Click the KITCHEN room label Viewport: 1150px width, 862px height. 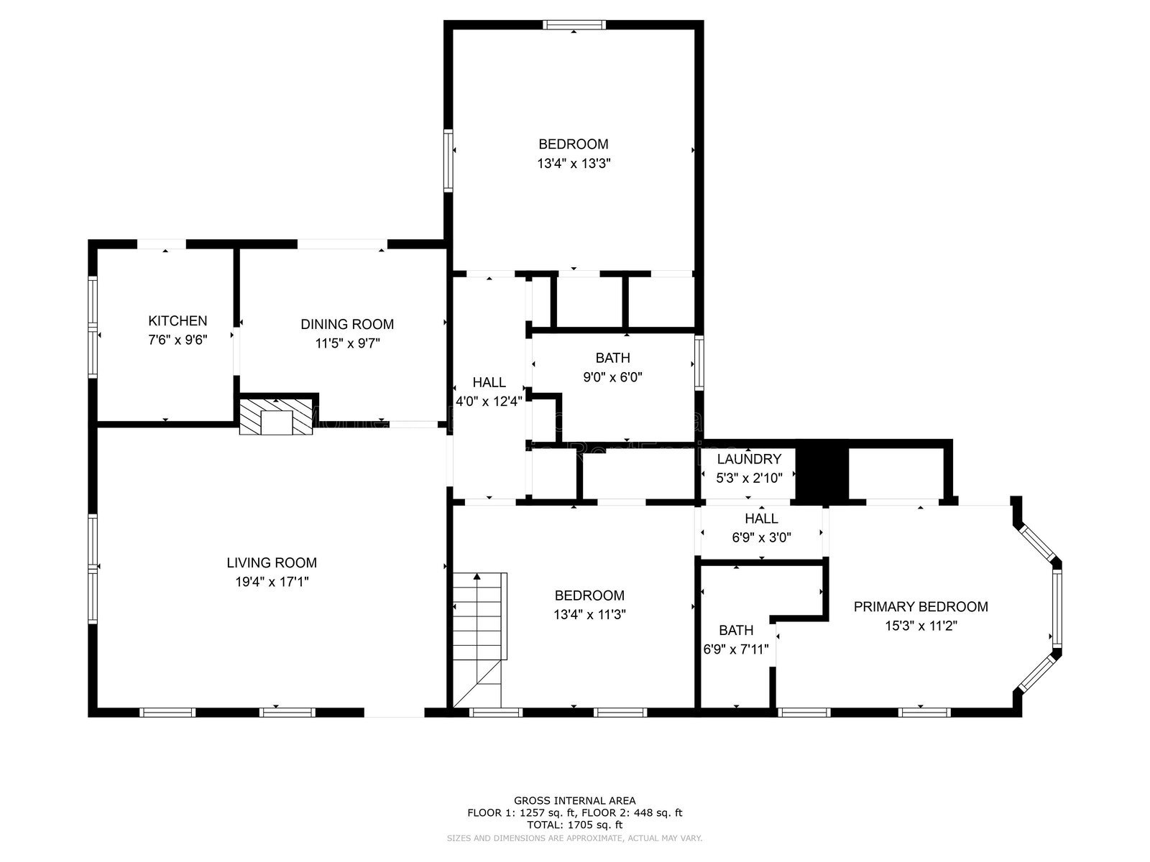[178, 321]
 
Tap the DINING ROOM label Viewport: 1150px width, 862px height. [347, 325]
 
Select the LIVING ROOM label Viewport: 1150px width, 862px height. [272, 563]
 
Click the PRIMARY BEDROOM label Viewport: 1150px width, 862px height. [921, 607]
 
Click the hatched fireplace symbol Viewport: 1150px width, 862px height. [277, 417]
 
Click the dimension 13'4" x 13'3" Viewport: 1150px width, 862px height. [574, 163]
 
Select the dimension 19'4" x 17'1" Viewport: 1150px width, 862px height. [272, 582]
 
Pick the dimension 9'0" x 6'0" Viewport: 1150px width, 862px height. [612, 376]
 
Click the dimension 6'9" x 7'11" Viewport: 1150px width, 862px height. [736, 649]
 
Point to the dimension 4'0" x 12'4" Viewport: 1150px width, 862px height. [489, 402]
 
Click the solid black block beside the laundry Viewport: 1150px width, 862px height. [823, 471]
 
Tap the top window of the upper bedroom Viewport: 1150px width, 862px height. [574, 25]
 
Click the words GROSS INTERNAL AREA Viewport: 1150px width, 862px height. [574, 800]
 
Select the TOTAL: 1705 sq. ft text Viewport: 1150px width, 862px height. [574, 825]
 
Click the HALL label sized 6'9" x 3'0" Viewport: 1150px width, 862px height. [761, 519]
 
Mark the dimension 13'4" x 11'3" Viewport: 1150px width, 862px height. [589, 614]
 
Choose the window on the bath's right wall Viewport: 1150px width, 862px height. [699, 364]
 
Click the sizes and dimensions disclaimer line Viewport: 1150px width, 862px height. [574, 838]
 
